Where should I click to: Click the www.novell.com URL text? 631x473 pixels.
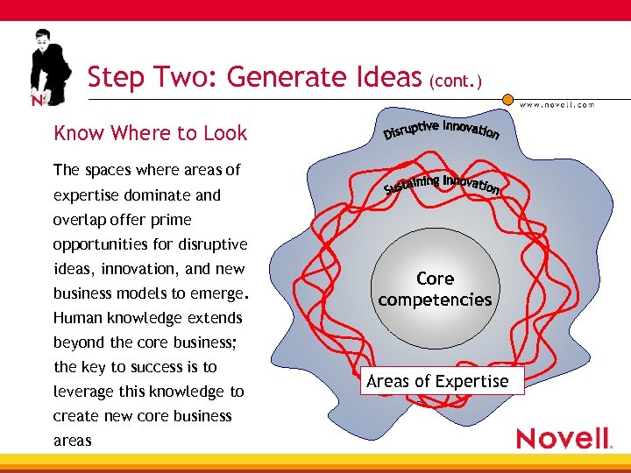point(557,104)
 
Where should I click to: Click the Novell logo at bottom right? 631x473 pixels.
point(562,438)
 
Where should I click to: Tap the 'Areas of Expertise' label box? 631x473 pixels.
point(437,381)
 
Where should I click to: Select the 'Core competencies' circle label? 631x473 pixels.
point(435,289)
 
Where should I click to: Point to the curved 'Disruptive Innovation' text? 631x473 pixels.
point(442,130)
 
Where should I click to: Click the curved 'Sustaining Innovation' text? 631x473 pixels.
point(442,183)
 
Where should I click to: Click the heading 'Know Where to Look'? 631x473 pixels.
point(150,133)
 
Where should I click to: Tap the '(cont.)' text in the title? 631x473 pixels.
point(455,81)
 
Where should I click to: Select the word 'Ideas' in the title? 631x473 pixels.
point(385,78)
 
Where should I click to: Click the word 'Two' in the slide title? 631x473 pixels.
point(191,78)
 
